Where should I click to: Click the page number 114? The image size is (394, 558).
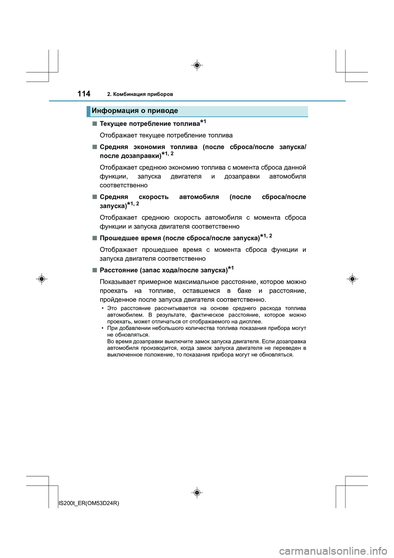tap(84, 94)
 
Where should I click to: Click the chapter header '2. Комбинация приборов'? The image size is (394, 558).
tap(140, 94)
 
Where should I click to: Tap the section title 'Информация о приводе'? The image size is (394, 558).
tap(135, 111)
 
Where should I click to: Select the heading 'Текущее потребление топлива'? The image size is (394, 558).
tap(150, 124)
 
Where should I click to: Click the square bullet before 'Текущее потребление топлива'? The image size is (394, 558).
tap(95, 123)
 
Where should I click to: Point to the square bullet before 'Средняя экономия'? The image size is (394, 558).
tap(95, 147)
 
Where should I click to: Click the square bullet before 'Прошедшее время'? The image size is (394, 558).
tap(95, 238)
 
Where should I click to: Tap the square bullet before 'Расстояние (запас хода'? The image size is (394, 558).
tap(95, 270)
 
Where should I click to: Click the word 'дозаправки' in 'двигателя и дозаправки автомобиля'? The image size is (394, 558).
tap(242, 176)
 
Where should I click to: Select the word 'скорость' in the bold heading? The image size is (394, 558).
tap(153, 197)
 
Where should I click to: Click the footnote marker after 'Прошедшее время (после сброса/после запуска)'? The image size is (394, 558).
tap(266, 236)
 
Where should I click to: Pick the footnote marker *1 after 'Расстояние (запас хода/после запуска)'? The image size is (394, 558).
tap(231, 268)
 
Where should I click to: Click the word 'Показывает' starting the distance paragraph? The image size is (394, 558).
tap(118, 282)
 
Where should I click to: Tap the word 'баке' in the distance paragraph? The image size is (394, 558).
tap(244, 291)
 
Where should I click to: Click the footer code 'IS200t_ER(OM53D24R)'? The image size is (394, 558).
tap(89, 503)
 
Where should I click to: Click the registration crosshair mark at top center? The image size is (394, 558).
tap(197, 65)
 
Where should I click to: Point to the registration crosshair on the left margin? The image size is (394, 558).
tap(41, 279)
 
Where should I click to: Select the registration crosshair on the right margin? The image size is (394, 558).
tap(352, 279)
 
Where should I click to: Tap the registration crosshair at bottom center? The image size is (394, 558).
tap(197, 492)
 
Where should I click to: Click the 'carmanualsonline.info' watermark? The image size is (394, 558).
tap(333, 551)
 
